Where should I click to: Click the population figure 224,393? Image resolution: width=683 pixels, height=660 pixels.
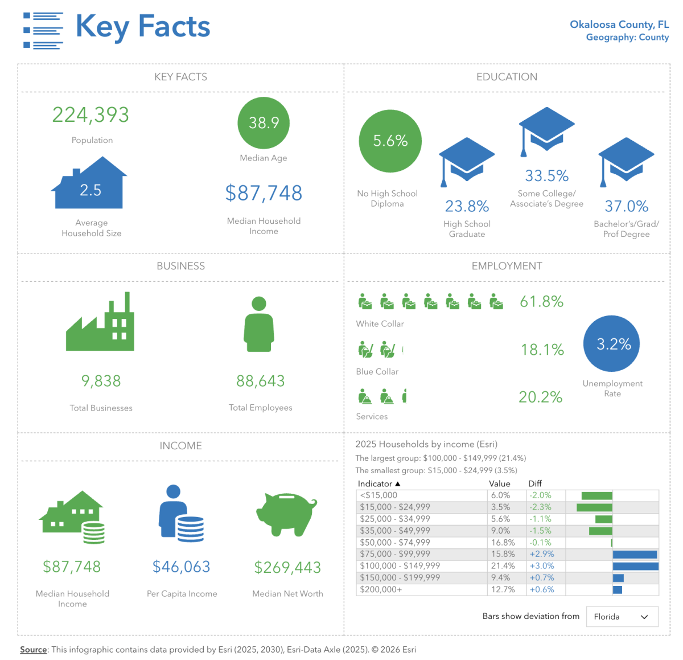[90, 115]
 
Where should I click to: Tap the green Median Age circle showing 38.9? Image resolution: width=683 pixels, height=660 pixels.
[264, 123]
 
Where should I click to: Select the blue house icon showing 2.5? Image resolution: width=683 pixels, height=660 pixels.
[90, 185]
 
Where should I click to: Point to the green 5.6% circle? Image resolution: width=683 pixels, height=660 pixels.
[390, 141]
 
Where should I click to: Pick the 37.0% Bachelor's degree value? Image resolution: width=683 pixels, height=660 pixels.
[626, 206]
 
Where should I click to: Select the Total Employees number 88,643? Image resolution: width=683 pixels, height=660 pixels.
[260, 381]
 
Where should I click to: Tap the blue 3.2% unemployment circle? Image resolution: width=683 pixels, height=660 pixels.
[611, 344]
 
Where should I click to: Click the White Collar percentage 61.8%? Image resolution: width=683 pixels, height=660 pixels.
[541, 302]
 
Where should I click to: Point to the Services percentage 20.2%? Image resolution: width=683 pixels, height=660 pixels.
[540, 397]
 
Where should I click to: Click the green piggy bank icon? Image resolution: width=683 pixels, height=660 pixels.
[286, 514]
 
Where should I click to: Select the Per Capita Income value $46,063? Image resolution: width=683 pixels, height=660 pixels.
[182, 567]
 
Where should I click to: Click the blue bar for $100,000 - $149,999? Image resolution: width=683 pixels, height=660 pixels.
[635, 566]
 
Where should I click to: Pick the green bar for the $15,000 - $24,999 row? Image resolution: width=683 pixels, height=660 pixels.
[594, 507]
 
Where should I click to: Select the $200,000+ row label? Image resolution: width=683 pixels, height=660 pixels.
[381, 589]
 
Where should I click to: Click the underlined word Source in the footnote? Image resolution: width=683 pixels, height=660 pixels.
[34, 650]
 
